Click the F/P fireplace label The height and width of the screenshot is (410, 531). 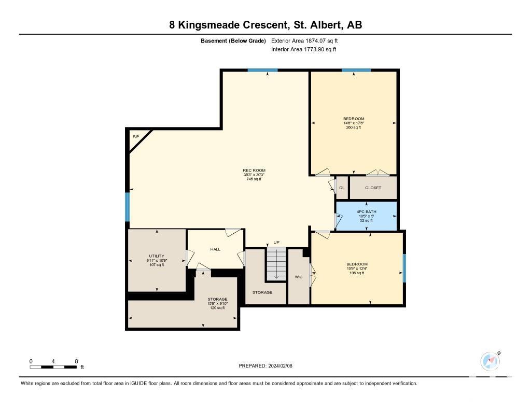pyautogui.click(x=136, y=137)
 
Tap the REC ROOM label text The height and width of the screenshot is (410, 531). pyautogui.click(x=254, y=171)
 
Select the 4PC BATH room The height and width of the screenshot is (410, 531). pyautogui.click(x=366, y=216)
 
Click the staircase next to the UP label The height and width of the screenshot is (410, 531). pyautogui.click(x=276, y=263)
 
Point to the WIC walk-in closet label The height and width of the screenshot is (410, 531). pyautogui.click(x=298, y=277)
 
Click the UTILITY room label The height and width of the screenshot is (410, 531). pyautogui.click(x=157, y=256)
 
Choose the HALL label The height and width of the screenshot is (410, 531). pyautogui.click(x=215, y=249)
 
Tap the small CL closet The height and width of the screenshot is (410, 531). pyautogui.click(x=342, y=188)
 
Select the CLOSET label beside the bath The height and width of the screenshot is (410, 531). pyautogui.click(x=373, y=188)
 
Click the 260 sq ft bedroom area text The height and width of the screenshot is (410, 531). pyautogui.click(x=354, y=128)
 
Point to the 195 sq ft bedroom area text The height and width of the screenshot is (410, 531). pyautogui.click(x=357, y=273)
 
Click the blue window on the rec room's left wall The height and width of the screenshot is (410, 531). pyautogui.click(x=128, y=207)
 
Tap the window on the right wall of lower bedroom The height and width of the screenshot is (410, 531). pyautogui.click(x=404, y=268)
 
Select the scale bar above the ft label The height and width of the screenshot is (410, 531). pyautogui.click(x=53, y=366)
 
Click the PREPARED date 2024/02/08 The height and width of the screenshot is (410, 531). pyautogui.click(x=281, y=365)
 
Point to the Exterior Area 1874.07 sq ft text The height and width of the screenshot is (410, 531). pyautogui.click(x=304, y=40)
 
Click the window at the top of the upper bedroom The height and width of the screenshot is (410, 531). pyautogui.click(x=356, y=70)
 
